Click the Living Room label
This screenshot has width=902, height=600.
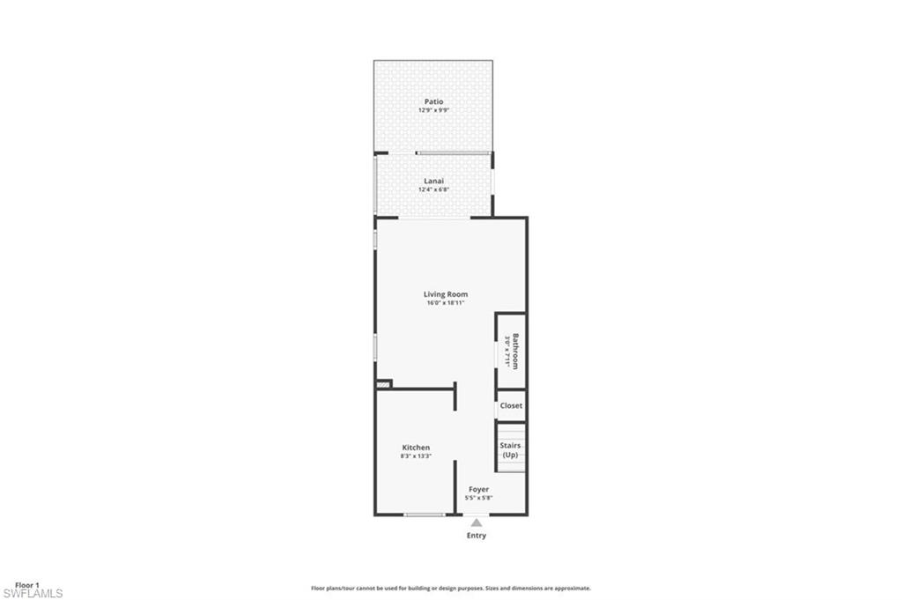(446, 294)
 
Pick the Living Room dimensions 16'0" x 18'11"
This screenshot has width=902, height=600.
(446, 303)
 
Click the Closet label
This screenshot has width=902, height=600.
(511, 405)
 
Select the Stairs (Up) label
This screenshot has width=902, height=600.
(511, 450)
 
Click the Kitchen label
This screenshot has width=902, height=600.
(416, 448)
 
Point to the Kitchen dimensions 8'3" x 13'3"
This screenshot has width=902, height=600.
(416, 456)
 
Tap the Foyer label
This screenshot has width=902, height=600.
(478, 489)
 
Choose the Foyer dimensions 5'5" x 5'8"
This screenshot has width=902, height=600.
(478, 498)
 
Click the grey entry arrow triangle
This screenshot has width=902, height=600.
(476, 522)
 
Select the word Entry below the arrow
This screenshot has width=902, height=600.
(476, 536)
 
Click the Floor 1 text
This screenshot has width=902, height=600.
(27, 585)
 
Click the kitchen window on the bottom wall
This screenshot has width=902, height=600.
(424, 515)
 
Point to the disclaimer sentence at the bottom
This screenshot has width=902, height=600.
(450, 588)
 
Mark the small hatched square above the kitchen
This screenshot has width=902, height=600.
(383, 384)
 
